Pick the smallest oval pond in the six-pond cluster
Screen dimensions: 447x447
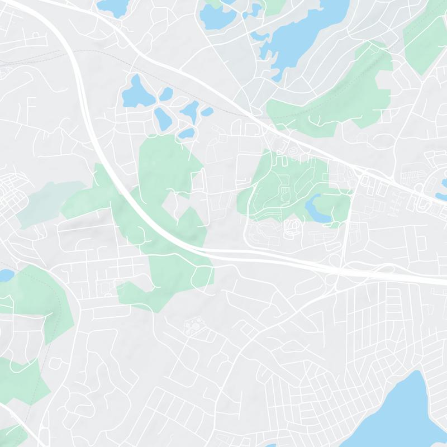point(207,112)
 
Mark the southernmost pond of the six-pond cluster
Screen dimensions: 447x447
point(188,134)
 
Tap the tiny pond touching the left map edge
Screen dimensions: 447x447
point(4,275)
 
